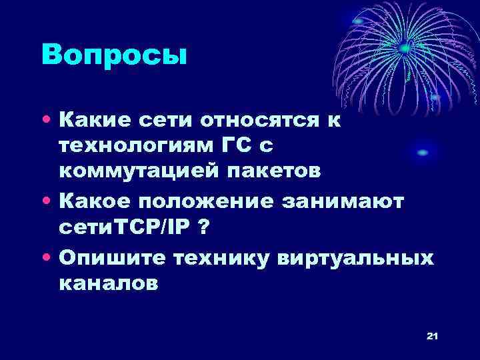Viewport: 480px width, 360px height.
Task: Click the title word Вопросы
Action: [x=114, y=55]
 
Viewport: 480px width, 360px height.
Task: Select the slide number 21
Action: [x=431, y=337]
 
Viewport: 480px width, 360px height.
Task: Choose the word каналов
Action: [x=109, y=283]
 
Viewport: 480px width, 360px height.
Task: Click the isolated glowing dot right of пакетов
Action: [x=422, y=153]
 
